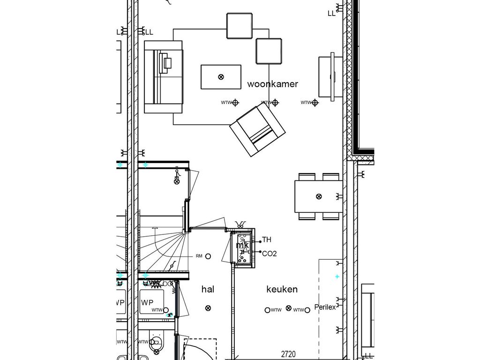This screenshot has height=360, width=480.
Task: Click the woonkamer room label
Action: pos(272,84)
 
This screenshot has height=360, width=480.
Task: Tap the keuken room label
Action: pos(282,289)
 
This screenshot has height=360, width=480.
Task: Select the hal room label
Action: pos(208,289)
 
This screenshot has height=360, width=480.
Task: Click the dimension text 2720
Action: pos(288,354)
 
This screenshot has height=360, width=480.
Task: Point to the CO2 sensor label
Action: pos(270,254)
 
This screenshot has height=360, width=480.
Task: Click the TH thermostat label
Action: pos(267,240)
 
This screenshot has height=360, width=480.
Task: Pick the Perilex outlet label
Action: pos(325,307)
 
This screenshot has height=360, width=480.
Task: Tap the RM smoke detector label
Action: pos(199,256)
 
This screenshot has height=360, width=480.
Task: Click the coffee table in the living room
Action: pos(221,77)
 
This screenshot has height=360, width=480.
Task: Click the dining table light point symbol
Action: pos(319,196)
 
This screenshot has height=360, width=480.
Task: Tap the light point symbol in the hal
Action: pos(208,308)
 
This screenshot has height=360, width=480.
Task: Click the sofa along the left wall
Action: pos(163,77)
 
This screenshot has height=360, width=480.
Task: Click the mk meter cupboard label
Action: pos(242,245)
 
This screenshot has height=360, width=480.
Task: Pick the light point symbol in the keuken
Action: pos(289,308)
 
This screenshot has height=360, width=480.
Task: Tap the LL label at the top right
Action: pos(331,14)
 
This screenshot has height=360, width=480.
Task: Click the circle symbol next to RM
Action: pos(208,256)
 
